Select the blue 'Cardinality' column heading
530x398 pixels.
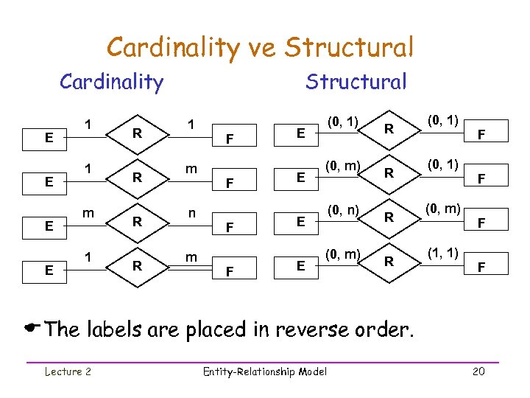pyautogui.click(x=111, y=81)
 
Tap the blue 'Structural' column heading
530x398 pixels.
pyautogui.click(x=356, y=81)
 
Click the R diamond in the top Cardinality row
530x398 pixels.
pyautogui.click(x=136, y=133)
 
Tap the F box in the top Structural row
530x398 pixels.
pyautogui.click(x=482, y=135)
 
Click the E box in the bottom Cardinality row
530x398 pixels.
pyautogui.click(x=49, y=270)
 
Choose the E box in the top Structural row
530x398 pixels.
pyautogui.click(x=300, y=133)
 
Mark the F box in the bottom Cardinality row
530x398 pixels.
pyautogui.click(x=230, y=271)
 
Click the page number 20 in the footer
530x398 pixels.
pyautogui.click(x=478, y=371)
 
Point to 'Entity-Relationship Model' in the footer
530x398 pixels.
pyautogui.click(x=264, y=371)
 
